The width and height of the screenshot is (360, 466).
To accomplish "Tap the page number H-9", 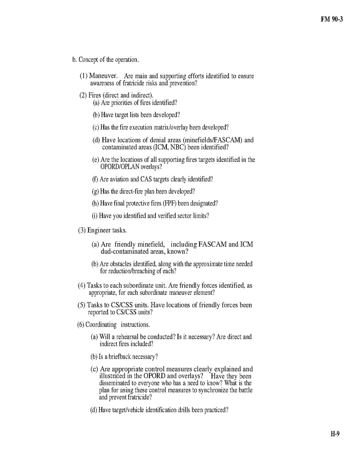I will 335,434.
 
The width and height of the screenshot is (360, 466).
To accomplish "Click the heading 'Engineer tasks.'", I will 107,230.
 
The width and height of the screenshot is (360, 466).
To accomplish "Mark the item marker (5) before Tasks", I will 81,305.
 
